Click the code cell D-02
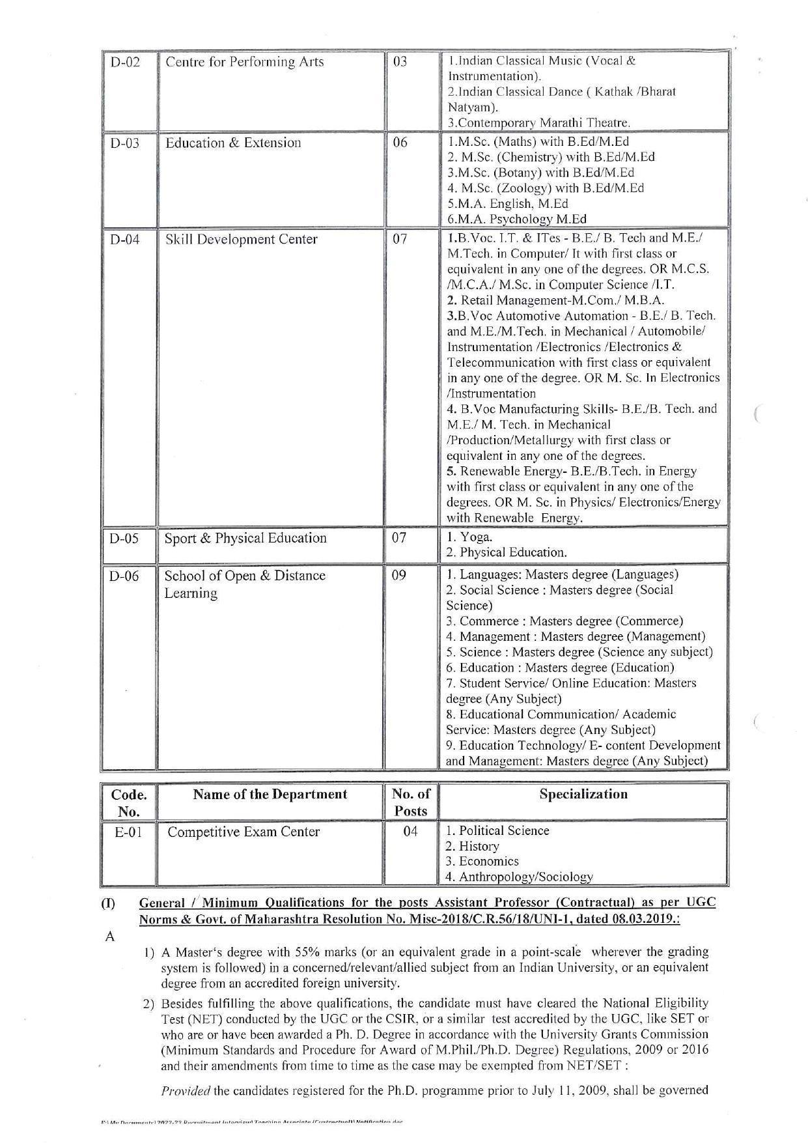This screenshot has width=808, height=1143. point(125,63)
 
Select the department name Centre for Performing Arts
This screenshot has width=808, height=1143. point(244,63)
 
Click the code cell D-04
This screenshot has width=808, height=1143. point(125,239)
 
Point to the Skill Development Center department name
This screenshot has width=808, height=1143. point(241,239)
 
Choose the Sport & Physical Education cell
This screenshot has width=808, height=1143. point(245,538)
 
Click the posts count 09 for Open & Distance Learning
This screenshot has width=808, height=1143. point(400,576)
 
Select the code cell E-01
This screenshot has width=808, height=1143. point(128,832)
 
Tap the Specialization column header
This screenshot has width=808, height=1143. point(583,794)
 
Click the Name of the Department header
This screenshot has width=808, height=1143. point(270,794)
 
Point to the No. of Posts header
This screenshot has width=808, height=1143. point(411,802)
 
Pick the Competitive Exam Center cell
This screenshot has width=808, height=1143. point(244,832)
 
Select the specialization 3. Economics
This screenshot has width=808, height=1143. point(482,861)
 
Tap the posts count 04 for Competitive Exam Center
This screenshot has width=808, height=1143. point(410,832)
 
